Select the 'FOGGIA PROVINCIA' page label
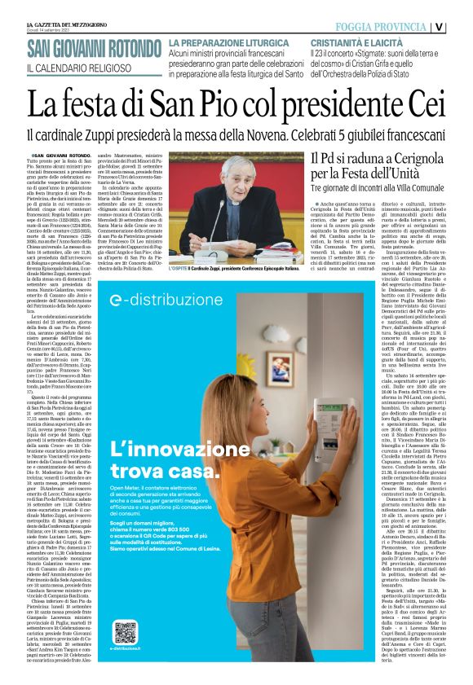[384, 26]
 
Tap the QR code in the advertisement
[125, 632]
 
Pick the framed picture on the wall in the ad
[276, 364]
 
